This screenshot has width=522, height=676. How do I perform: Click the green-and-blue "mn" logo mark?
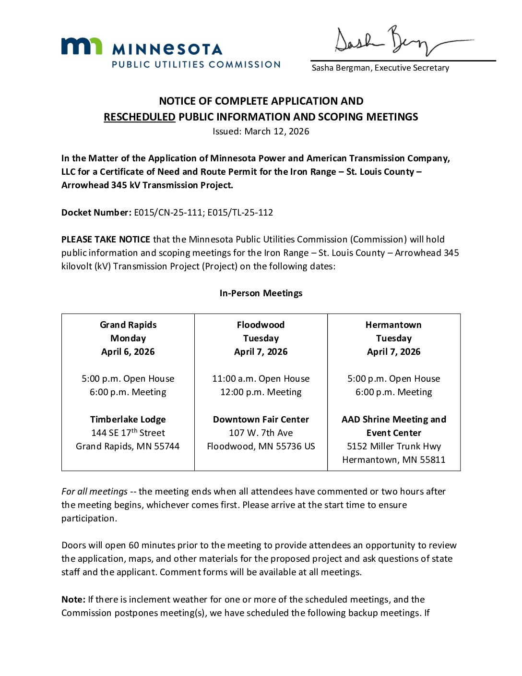[82, 46]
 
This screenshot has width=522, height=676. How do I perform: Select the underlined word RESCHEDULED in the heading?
[140, 117]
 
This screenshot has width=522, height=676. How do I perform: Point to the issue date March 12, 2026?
[277, 131]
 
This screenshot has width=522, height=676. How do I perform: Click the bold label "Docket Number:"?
[96, 212]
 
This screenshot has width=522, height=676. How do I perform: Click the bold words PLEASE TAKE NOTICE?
[106, 239]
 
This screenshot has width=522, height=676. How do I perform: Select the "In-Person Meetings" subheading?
[261, 293]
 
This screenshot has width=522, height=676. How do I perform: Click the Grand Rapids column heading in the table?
[128, 325]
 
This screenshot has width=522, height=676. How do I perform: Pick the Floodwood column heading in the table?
[261, 325]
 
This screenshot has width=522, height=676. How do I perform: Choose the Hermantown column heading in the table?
[393, 325]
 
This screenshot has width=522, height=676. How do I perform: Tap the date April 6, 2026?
[128, 351]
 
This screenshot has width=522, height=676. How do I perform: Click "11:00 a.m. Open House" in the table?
[261, 378]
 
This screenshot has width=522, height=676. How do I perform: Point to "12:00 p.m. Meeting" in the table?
[261, 392]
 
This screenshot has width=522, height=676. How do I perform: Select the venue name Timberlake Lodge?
[128, 419]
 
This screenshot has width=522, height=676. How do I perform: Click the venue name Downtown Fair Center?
[261, 419]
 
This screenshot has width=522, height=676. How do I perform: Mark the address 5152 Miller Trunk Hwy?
[394, 446]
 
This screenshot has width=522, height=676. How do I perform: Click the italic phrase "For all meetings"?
[95, 491]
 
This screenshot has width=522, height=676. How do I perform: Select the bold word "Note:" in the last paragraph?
[73, 599]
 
